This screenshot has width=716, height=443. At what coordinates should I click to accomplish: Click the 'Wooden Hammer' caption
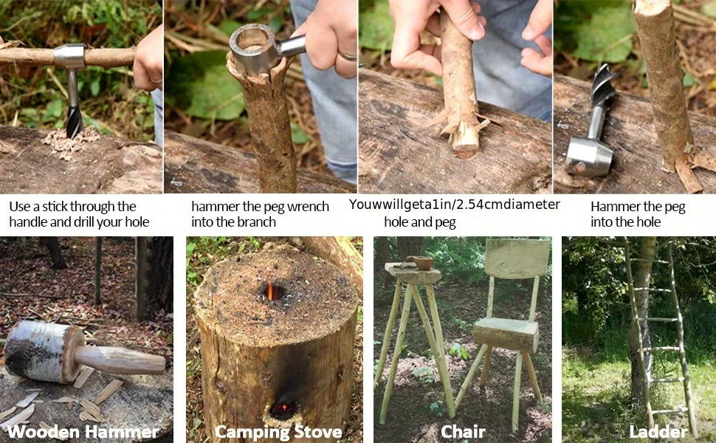pos(82,432)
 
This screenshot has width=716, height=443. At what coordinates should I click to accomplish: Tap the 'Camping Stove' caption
pos(278,432)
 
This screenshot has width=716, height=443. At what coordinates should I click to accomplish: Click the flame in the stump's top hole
pos(272,292)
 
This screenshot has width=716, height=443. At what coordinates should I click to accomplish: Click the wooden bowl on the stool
pos(422,263)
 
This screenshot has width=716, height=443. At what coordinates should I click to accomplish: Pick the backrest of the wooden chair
pos(517,258)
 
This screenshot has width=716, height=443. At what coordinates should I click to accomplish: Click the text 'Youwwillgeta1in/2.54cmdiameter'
pos(454,205)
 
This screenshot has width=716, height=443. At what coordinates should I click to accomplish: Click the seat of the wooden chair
pos(506,326)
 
